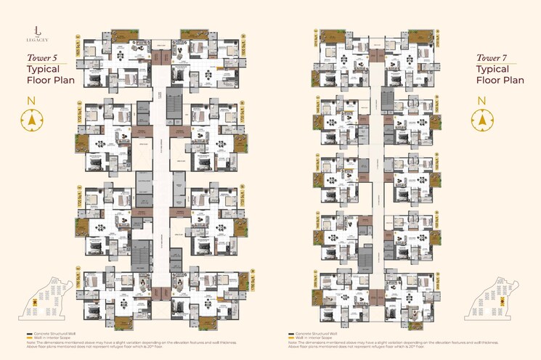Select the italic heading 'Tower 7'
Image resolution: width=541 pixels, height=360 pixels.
click(x=492, y=57)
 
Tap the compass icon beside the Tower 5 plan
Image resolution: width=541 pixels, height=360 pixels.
click(x=32, y=120)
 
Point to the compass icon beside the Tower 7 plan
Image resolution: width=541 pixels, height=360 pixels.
click(x=481, y=120)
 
